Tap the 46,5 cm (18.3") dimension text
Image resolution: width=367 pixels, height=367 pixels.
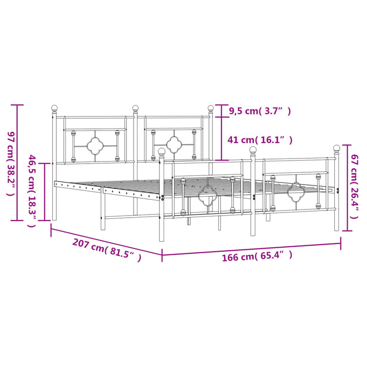click(32, 191)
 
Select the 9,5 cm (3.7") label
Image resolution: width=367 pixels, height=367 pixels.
click(260, 111)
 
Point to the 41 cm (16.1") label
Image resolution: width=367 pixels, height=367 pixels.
click(260, 140)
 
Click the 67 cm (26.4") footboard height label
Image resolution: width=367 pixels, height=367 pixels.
click(354, 187)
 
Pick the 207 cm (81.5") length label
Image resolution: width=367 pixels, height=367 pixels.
click(107, 250)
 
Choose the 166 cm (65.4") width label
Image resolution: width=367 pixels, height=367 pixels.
click(257, 256)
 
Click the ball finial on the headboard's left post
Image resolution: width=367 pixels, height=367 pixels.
click(55, 108)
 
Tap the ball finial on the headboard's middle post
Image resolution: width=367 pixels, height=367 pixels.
click(135, 108)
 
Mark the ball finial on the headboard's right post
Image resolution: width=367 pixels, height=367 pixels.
click(211, 108)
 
